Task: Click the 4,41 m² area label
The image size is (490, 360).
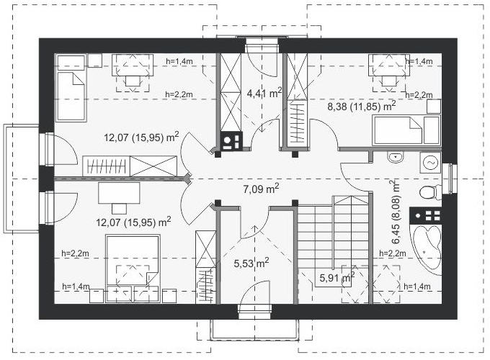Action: pyautogui.click(x=264, y=92)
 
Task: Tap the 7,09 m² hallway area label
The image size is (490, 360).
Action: pyautogui.click(x=261, y=188)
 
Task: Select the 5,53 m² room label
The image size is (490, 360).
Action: pyautogui.click(x=251, y=263)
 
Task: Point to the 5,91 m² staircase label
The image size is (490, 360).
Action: pyautogui.click(x=337, y=276)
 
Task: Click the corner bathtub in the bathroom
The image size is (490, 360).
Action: pyautogui.click(x=427, y=249)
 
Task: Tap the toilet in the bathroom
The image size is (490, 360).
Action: pyautogui.click(x=430, y=192)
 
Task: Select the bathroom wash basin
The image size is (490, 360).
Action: pyautogui.click(x=396, y=157)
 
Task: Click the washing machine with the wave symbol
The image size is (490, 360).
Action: pyautogui.click(x=430, y=163)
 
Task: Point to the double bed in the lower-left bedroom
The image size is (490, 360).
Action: pyautogui.click(x=133, y=269)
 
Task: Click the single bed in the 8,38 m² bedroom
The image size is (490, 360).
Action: pyautogui.click(x=406, y=130)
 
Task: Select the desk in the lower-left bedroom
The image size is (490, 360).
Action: pyautogui.click(x=119, y=193)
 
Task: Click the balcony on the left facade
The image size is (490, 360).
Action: pyautogui.click(x=21, y=179)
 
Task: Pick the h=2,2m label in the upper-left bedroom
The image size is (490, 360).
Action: pyautogui.click(x=179, y=94)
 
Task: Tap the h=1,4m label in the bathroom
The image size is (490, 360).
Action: pyautogui.click(x=417, y=287)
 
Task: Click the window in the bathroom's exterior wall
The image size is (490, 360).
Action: pyautogui.click(x=450, y=179)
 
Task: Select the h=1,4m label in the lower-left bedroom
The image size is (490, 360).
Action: pyautogui.click(x=76, y=287)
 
